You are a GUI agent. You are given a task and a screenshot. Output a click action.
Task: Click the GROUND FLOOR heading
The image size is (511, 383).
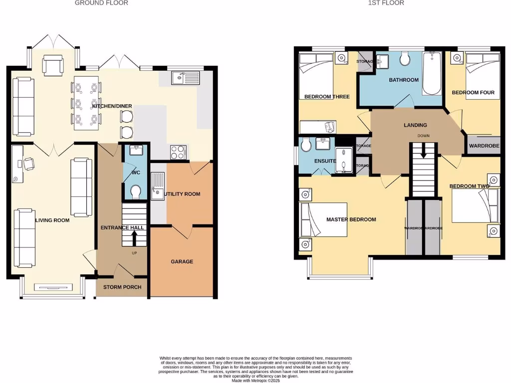click(x=101, y=3)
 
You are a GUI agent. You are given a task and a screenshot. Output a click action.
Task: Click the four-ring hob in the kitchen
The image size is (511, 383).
click(x=178, y=152)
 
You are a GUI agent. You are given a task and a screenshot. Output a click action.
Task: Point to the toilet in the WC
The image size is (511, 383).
click(x=135, y=191)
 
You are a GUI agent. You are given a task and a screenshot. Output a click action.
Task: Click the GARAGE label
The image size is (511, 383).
click(x=182, y=261)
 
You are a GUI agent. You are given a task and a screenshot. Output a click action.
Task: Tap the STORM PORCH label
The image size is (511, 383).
click(x=122, y=287)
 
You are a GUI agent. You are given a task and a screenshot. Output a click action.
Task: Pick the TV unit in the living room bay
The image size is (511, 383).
click(x=52, y=287)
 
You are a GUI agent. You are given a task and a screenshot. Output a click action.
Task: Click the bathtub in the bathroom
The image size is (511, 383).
click(x=432, y=75)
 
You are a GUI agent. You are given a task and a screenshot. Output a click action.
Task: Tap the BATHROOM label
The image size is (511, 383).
click(x=404, y=80)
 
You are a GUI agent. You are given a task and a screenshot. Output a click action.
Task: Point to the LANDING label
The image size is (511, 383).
click(x=415, y=125)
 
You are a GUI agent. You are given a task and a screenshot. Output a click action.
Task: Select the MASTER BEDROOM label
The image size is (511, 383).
click(x=351, y=219)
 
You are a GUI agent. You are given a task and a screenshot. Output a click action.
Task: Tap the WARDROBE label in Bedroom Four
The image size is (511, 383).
click(x=483, y=146)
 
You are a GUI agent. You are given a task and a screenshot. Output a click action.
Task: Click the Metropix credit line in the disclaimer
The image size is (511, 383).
click(x=255, y=381)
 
